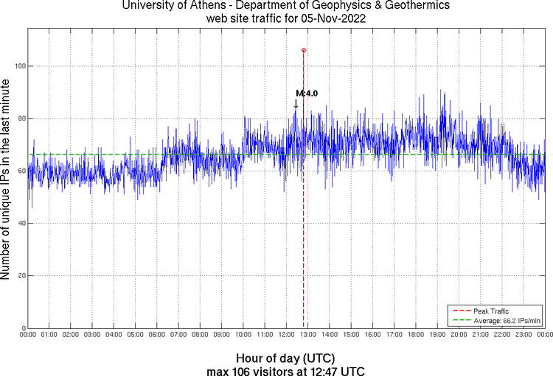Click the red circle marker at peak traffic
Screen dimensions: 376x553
point(304,50)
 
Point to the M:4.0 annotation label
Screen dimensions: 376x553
point(307,93)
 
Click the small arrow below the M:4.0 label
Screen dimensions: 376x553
point(296,104)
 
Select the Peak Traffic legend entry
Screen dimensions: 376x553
point(491,311)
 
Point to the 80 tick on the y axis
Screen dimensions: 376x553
point(19,118)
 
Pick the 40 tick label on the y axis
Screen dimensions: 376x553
point(19,223)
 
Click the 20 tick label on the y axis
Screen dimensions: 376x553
point(19,276)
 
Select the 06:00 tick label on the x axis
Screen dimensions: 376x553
point(157,334)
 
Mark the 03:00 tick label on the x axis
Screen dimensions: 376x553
point(92,334)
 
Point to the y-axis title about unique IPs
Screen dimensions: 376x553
point(7,181)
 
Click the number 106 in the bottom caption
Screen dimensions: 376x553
point(240,369)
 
